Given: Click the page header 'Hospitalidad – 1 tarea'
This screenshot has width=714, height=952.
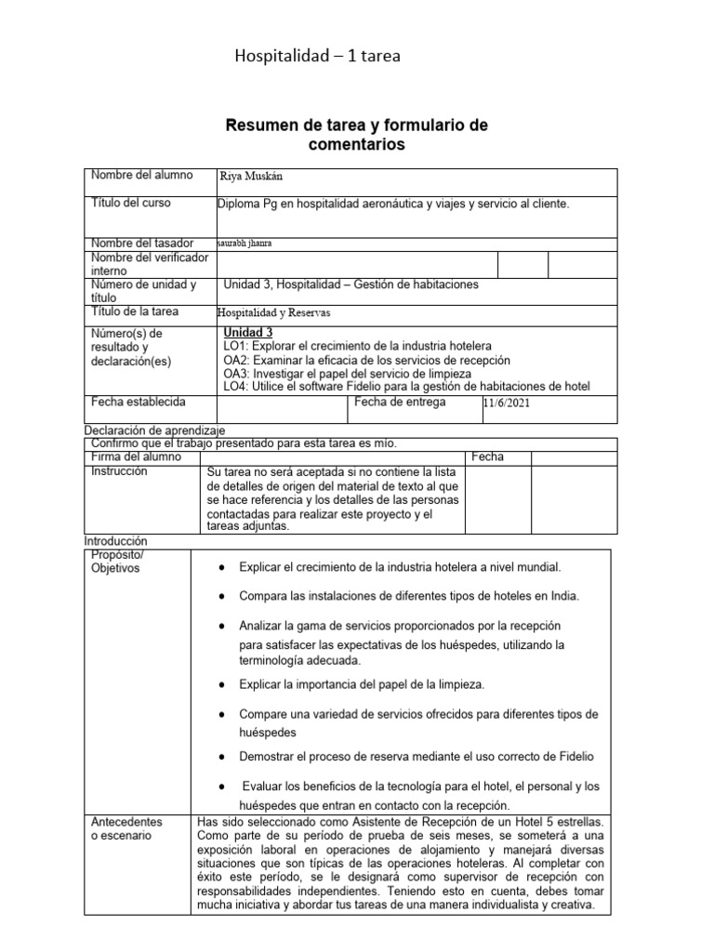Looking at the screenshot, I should click(318, 58).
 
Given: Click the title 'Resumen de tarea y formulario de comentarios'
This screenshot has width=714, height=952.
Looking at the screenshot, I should click(358, 135).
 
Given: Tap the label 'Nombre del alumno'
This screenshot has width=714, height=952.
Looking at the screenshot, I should click(141, 176).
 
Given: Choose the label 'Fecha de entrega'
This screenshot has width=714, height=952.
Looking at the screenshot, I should click(400, 403).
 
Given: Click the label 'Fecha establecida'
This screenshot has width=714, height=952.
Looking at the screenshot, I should click(138, 402).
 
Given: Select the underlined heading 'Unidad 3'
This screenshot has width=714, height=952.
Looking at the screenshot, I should click(248, 333).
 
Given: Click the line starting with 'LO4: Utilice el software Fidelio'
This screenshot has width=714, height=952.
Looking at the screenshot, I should click(406, 387).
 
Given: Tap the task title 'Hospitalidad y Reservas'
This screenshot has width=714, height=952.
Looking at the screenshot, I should click(274, 313).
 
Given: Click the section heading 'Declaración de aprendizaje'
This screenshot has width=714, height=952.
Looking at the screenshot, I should click(154, 431).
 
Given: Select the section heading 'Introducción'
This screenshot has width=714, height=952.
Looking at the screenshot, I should click(117, 541).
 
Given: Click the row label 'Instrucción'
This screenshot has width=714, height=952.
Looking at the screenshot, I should click(119, 472).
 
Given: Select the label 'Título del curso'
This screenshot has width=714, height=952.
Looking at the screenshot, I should click(131, 203).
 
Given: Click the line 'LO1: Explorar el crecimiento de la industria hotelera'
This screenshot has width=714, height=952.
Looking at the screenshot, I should click(358, 346).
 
